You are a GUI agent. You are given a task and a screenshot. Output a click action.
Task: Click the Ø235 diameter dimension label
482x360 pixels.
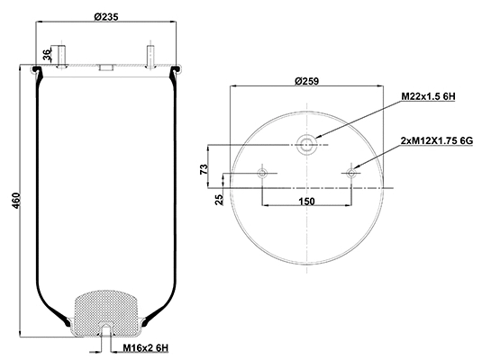coord(106,16)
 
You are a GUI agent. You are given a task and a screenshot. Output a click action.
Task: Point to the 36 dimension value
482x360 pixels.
coord(48,57)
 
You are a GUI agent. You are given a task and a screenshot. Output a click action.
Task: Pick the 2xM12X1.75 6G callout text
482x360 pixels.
coord(435,140)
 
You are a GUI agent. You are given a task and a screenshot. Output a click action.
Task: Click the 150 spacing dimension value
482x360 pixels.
coord(305,201)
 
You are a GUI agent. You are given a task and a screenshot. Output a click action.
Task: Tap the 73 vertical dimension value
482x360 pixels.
coord(205,167)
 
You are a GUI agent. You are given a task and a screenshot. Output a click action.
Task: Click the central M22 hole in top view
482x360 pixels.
coord(308,142)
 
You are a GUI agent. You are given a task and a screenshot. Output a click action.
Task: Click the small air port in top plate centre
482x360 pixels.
coord(105,67)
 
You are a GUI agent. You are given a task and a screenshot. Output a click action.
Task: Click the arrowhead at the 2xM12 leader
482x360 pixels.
coord(357,166)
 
